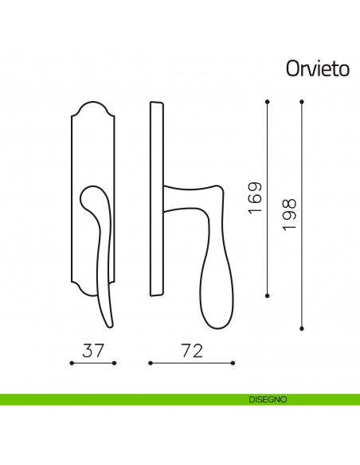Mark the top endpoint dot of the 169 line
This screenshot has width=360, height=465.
coord(267,101)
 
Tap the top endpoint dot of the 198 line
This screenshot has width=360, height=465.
coord(302,101)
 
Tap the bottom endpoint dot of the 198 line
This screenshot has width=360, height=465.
coord(302,327)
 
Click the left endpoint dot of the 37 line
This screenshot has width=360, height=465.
coord(72,364)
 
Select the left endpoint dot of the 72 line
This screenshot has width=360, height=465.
coord(149,364)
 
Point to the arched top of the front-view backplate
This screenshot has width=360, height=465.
coord(93,107)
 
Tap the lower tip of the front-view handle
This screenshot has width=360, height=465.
coord(109,322)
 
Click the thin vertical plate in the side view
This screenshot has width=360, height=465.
coord(156,199)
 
